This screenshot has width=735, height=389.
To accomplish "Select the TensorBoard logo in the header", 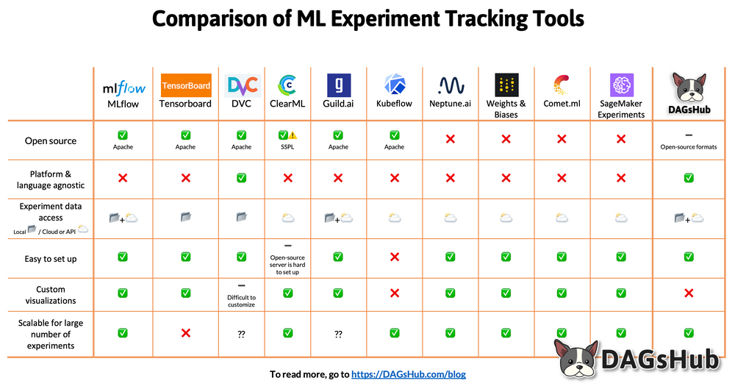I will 186,85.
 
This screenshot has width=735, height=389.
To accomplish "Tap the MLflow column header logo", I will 123,88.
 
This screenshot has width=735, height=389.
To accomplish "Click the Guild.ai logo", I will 338,85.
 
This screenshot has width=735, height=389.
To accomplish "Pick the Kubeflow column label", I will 394,104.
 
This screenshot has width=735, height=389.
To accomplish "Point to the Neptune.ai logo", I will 451,85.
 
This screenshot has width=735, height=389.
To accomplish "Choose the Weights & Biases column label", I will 506,109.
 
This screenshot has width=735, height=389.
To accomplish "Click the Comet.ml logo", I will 562,85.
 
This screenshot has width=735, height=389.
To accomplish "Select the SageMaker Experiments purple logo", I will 621,84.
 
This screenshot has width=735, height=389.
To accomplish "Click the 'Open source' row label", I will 51,140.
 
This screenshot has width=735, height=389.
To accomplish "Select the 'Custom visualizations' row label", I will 51,295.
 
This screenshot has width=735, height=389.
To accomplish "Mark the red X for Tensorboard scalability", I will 186,333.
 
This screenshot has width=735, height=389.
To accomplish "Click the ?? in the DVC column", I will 241,334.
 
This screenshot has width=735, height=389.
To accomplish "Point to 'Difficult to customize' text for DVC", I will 241,301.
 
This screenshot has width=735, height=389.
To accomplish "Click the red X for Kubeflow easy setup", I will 395,257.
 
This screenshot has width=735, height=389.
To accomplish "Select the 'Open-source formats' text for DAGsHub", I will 689,147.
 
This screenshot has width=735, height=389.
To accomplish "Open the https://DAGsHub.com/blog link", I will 409,374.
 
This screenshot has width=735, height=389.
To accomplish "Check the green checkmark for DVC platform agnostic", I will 241,178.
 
